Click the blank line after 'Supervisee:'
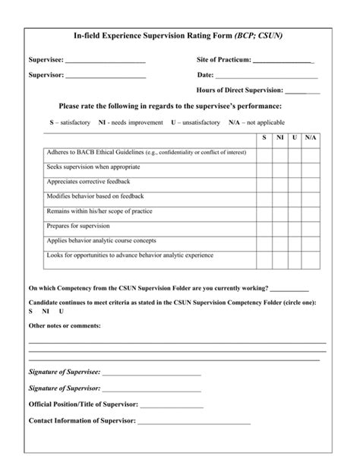106,62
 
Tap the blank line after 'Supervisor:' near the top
106,77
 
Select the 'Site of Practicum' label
223,59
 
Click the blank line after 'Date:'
267,77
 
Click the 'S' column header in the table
264,138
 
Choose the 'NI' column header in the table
279,138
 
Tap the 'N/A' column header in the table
311,138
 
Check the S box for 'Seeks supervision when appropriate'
264,166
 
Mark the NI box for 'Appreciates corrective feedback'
279,182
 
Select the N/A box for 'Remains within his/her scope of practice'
311,211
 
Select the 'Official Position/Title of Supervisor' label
83,404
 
